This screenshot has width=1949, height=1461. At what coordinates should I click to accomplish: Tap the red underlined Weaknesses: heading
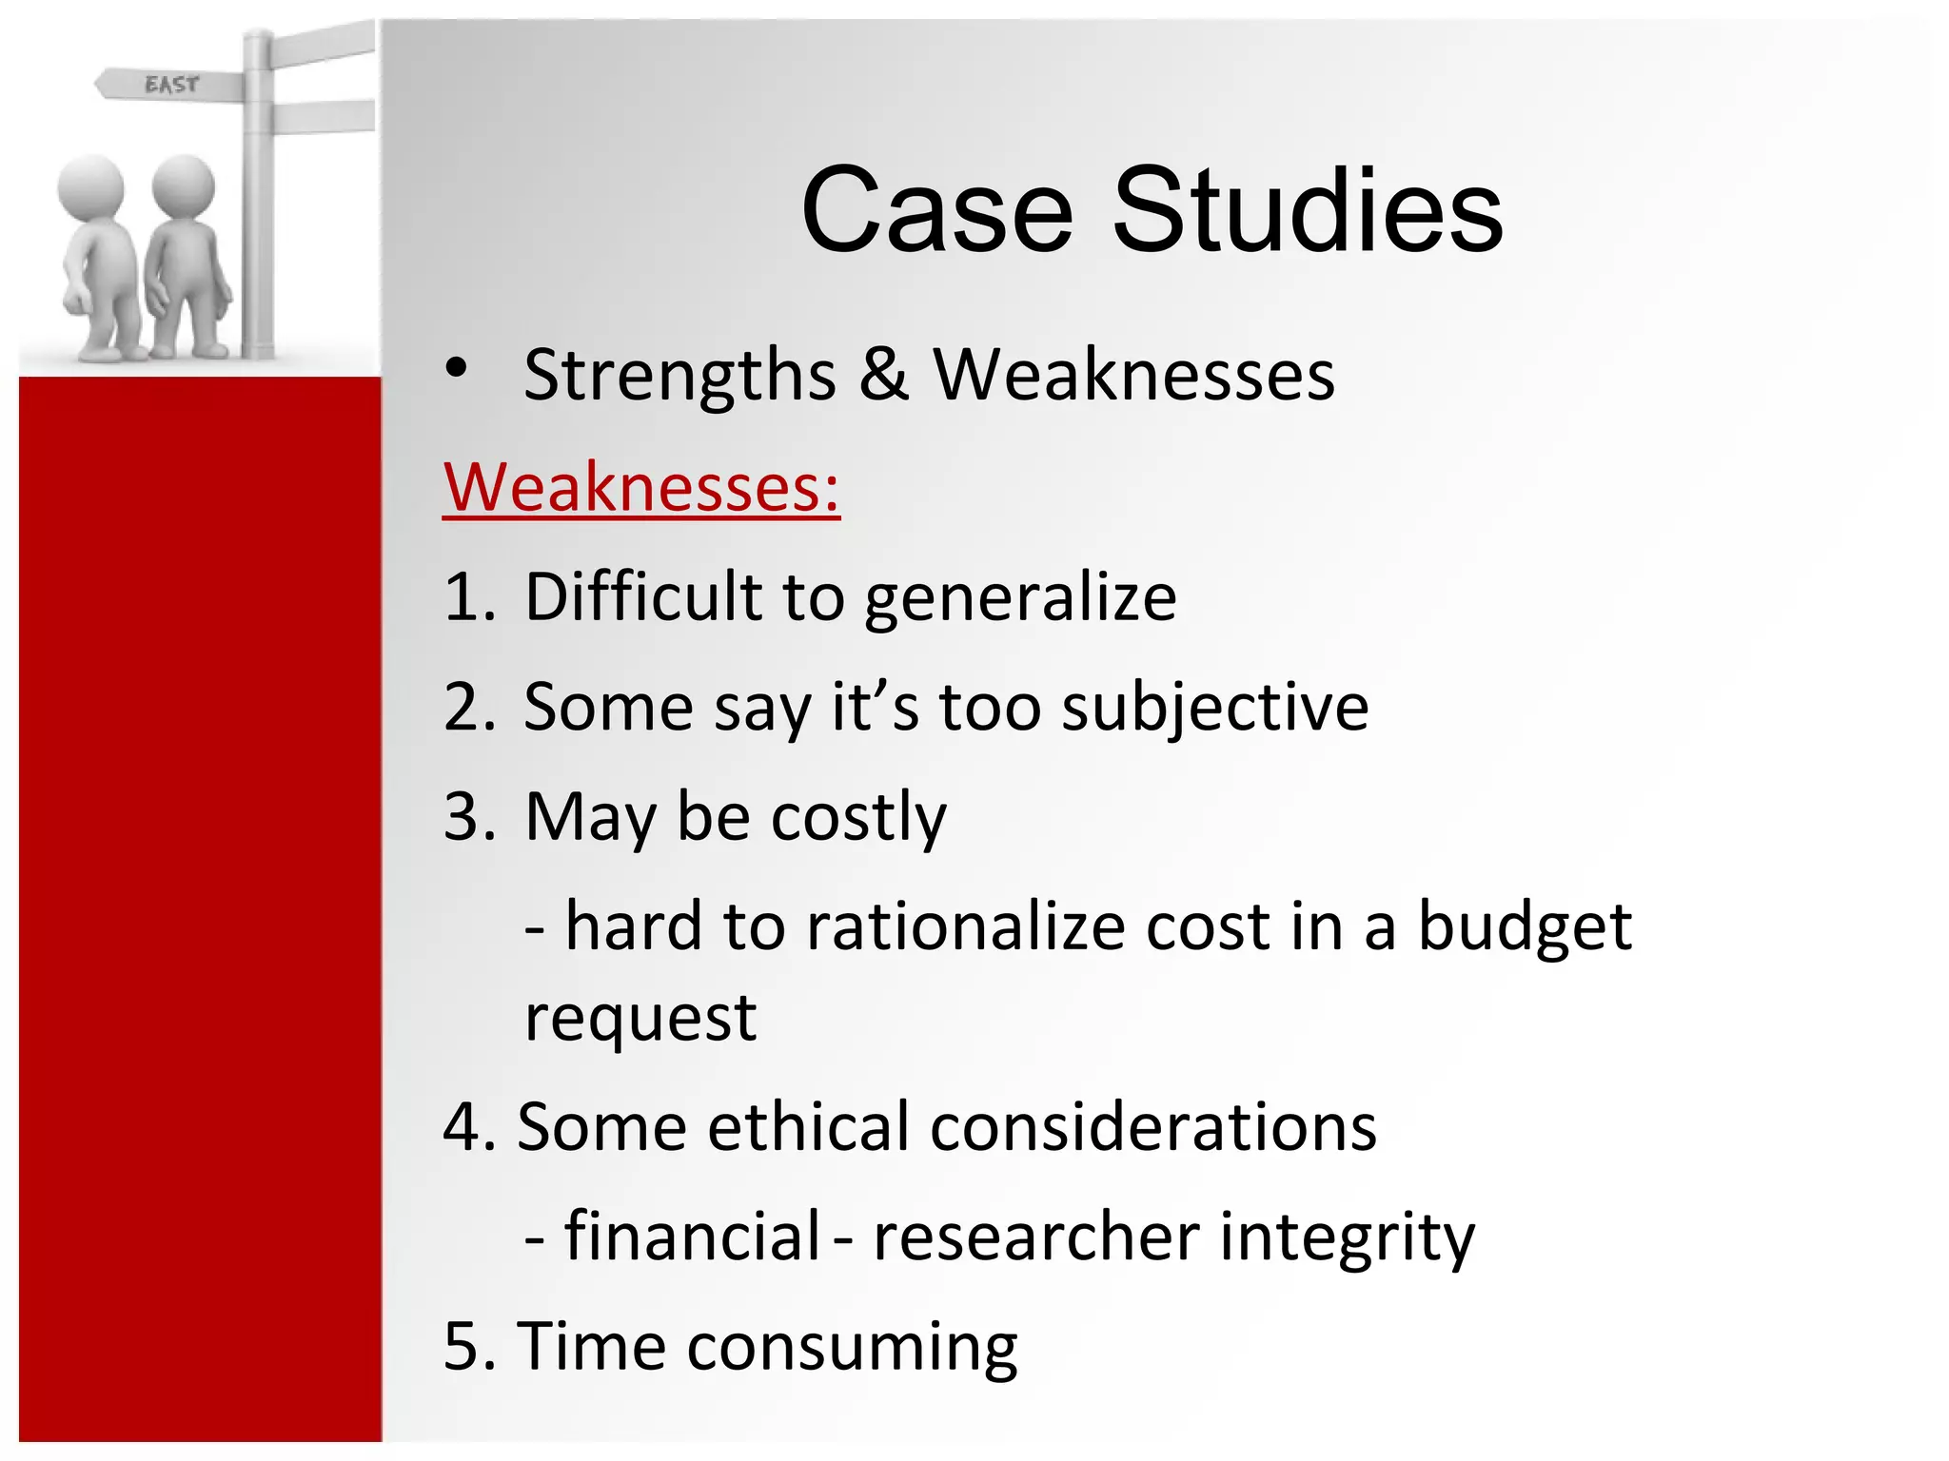pyautogui.click(x=641, y=487)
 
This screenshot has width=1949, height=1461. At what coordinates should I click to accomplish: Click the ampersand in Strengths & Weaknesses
pyautogui.click(x=883, y=374)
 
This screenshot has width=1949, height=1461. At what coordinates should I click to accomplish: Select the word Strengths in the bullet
pyautogui.click(x=679, y=376)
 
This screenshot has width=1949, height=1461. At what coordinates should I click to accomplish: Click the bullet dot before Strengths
pyautogui.click(x=457, y=368)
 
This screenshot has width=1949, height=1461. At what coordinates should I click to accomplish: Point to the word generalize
pyautogui.click(x=1020, y=599)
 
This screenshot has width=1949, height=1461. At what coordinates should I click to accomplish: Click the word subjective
pyautogui.click(x=1214, y=709)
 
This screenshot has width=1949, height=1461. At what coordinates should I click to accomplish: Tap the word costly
pyautogui.click(x=858, y=818)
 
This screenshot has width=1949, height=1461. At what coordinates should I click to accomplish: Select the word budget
pyautogui.click(x=1525, y=927)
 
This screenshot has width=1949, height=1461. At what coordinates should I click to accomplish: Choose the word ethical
pyautogui.click(x=808, y=1127)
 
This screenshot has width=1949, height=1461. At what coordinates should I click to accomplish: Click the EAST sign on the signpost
pyautogui.click(x=171, y=85)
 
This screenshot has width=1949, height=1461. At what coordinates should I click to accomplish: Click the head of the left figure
pyautogui.click(x=91, y=187)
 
